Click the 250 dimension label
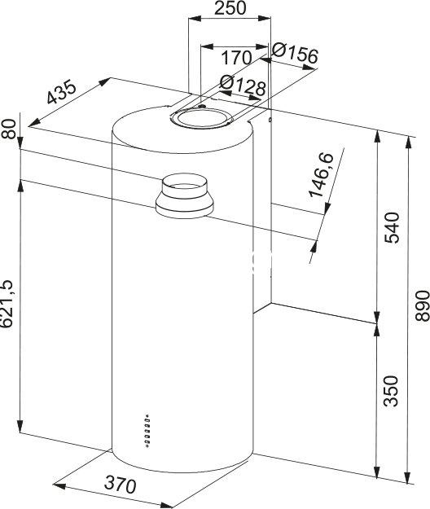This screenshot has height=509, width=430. pyautogui.click(x=230, y=8)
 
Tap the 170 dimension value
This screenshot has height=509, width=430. pyautogui.click(x=236, y=58)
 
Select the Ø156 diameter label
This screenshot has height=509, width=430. pyautogui.click(x=295, y=53)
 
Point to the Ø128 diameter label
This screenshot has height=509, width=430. pyautogui.click(x=243, y=85)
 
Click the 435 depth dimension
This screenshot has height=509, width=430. pyautogui.click(x=61, y=92)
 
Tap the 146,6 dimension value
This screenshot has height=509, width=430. pyautogui.click(x=321, y=174)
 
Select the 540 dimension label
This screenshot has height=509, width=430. pyautogui.click(x=392, y=227)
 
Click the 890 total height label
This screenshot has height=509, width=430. pyautogui.click(x=422, y=306)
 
